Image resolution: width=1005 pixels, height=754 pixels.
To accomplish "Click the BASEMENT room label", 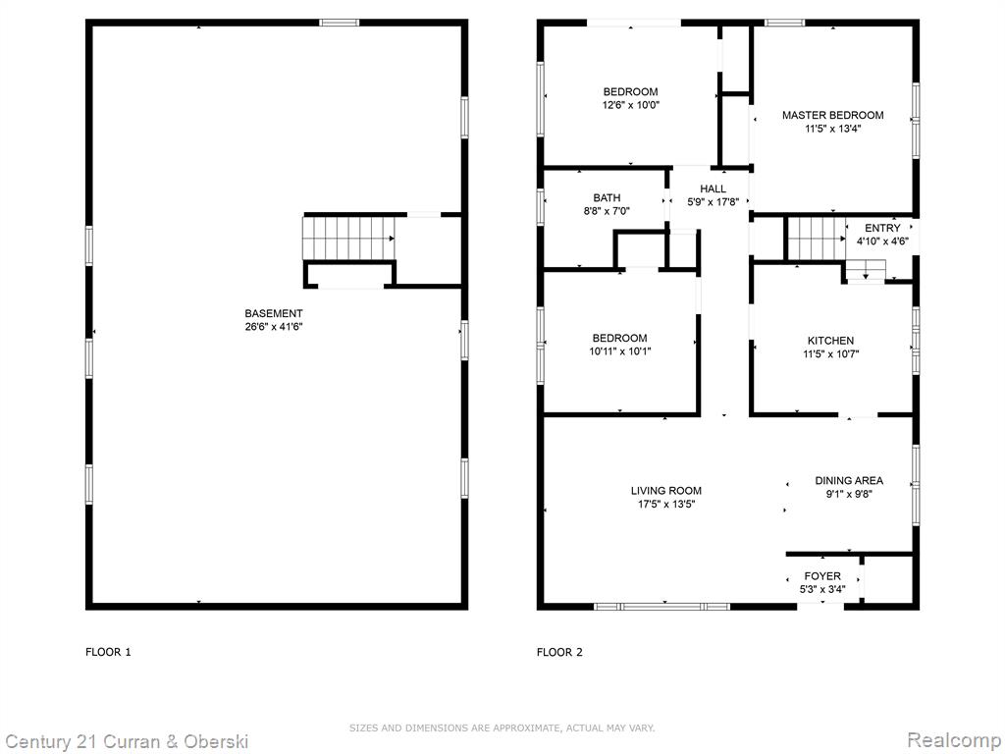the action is click(x=274, y=313).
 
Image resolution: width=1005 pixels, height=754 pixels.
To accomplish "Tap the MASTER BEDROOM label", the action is click(x=832, y=116).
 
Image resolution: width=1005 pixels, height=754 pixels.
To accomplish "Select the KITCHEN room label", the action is click(x=830, y=341).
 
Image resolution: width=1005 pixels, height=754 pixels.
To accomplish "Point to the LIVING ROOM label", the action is click(x=666, y=491).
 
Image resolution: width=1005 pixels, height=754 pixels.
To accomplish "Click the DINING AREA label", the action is click(x=849, y=480).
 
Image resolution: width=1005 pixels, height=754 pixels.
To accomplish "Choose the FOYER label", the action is click(x=822, y=576).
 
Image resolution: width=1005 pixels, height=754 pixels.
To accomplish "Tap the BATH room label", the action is click(x=607, y=198).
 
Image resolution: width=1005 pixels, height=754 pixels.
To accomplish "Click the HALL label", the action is click(x=713, y=188).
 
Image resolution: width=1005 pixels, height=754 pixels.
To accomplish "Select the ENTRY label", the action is click(x=882, y=228).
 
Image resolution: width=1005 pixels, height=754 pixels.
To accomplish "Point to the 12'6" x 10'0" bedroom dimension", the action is click(x=631, y=105).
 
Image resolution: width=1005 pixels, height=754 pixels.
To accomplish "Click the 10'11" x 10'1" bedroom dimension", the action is click(x=620, y=351).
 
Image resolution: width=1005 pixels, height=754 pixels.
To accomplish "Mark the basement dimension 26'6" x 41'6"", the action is click(x=274, y=326).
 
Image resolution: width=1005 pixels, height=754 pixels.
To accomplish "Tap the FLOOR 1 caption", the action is click(x=108, y=652).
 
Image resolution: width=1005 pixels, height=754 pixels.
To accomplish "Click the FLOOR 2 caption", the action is click(x=559, y=652).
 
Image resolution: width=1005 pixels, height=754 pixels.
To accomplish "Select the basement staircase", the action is click(x=348, y=238).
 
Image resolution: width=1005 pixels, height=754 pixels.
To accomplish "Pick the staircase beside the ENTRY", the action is click(x=817, y=239).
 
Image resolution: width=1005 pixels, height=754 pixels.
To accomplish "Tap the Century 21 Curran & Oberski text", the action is click(x=127, y=742).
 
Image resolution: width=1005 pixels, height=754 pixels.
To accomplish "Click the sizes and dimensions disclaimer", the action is click(x=502, y=727).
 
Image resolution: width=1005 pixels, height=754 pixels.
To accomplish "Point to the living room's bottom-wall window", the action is click(x=661, y=606).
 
